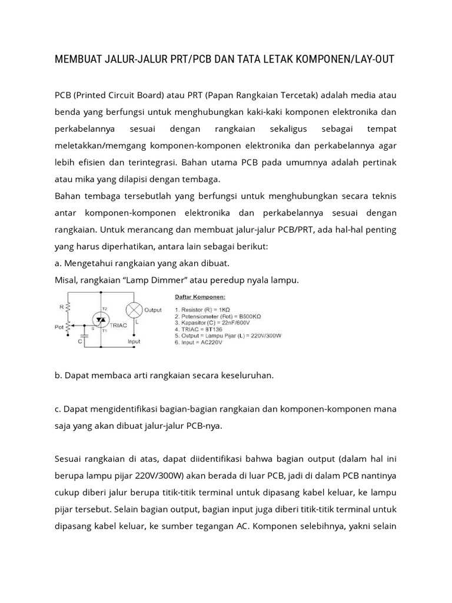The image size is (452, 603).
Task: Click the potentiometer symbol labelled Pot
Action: pos(69,326)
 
